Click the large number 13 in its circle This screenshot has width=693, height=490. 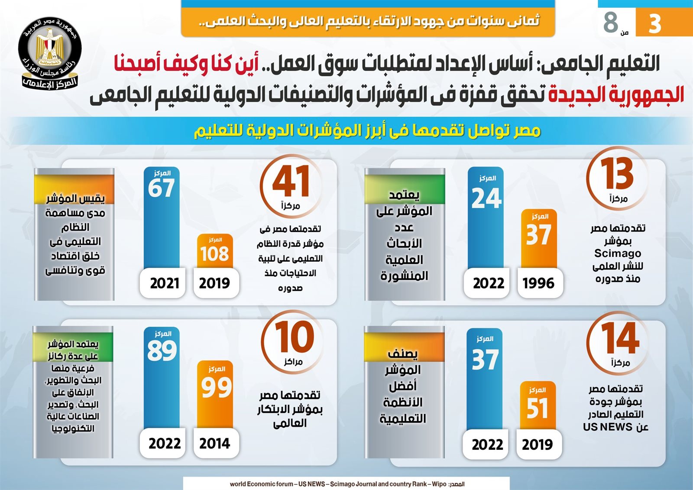[x=617, y=174]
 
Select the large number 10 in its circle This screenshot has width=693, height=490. [x=295, y=337]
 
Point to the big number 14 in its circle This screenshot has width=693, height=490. [x=620, y=338]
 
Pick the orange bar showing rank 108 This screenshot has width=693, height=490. [x=215, y=251]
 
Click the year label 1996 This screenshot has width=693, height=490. [x=538, y=283]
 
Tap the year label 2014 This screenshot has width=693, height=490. [x=215, y=444]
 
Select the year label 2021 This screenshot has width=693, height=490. [x=165, y=283]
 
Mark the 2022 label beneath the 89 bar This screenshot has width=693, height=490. [x=165, y=444]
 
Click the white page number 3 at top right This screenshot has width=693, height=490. [x=654, y=23]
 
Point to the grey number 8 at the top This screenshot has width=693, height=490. [x=611, y=22]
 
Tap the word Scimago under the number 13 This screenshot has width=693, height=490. [x=618, y=253]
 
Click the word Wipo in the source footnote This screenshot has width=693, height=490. [x=439, y=484]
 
